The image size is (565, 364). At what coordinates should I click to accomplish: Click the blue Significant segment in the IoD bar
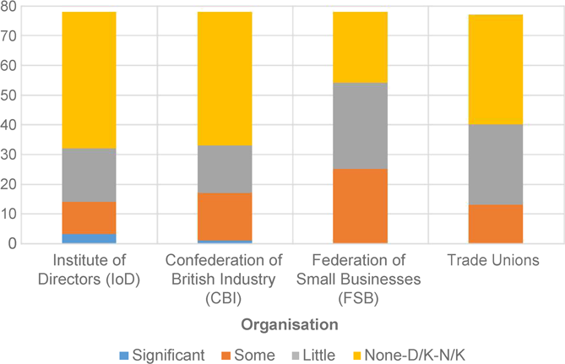point(89,238)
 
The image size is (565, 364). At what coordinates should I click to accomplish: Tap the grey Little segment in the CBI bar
point(224,169)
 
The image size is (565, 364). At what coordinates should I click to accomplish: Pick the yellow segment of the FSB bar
point(360,47)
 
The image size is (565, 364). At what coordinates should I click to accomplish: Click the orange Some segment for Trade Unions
point(496,224)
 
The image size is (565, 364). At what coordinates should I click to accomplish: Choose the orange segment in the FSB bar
point(360,206)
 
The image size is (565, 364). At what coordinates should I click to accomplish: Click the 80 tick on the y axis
point(8,7)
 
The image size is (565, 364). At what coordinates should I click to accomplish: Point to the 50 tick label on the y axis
point(8,95)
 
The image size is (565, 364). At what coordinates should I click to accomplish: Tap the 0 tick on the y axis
point(11,244)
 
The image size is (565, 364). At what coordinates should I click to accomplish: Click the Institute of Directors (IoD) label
point(89,269)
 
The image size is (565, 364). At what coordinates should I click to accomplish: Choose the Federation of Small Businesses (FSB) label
point(360,276)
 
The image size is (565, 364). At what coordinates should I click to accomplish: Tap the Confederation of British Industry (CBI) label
point(224,276)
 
